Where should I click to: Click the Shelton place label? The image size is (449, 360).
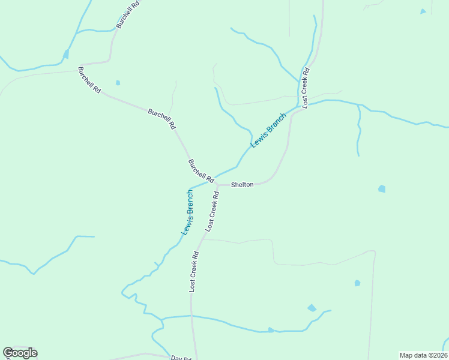pos(243,185)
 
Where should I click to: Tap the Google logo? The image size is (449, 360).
pos(20,353)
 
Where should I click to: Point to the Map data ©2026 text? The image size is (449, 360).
pos(423,355)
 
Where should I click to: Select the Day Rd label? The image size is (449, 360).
pos(180,358)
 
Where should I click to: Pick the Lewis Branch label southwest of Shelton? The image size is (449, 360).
pos(188,212)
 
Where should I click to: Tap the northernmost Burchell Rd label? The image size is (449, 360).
pos(128,14)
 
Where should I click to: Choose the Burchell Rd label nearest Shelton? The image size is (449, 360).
pos(201,171)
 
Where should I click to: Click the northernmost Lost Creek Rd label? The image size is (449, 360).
pos(306,88)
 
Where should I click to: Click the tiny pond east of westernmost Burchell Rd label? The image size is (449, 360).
pos(118,83)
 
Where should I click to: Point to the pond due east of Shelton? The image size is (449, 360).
pos(382,189)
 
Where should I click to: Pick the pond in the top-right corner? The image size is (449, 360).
pos(423,11)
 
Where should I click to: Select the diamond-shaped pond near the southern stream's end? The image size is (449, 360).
pos(312,308)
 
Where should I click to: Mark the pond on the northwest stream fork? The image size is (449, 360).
pos(65,54)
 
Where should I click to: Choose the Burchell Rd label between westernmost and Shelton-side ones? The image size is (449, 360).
pos(161,118)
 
